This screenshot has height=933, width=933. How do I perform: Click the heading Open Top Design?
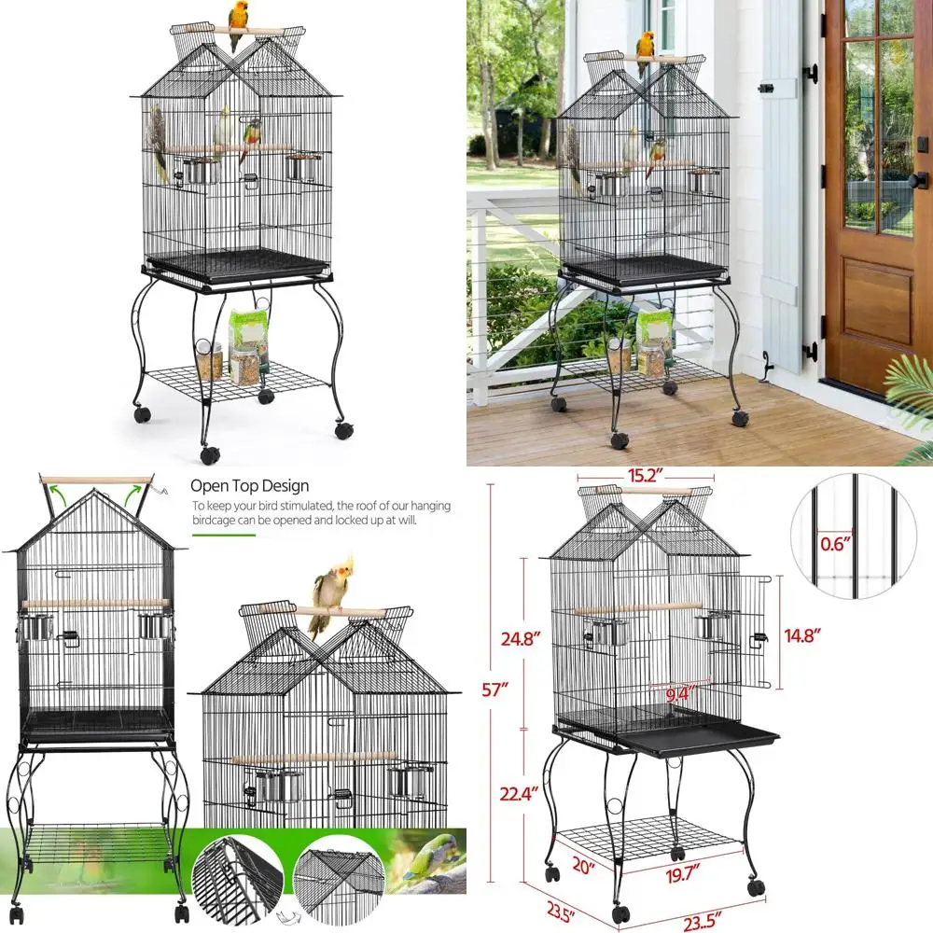249,485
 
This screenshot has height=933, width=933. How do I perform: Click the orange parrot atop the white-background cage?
239,17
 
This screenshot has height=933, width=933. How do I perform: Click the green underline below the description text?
224,535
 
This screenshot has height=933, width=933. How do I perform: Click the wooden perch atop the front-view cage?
95,481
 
